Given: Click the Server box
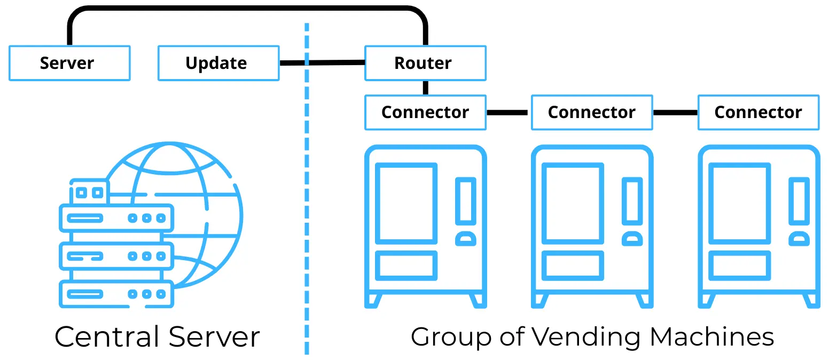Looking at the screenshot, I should tap(69, 63).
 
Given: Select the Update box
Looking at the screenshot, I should tap(218, 63).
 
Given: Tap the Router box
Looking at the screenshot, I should tap(425, 63).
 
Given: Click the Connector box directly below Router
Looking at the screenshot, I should tap(425, 112).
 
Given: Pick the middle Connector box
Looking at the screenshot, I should tap(592, 112).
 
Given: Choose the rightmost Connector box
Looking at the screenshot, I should tap(758, 112).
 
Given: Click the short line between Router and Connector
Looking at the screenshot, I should tap(426, 88).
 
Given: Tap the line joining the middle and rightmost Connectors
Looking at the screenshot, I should tap(675, 113).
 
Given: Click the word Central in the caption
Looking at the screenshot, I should tap(108, 337).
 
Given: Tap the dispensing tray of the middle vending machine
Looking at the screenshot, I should tap(573, 265).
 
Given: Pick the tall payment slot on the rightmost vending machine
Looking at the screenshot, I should tap(799, 201).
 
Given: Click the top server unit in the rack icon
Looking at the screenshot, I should tap(116, 218).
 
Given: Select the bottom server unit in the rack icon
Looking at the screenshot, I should tap(116, 294).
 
